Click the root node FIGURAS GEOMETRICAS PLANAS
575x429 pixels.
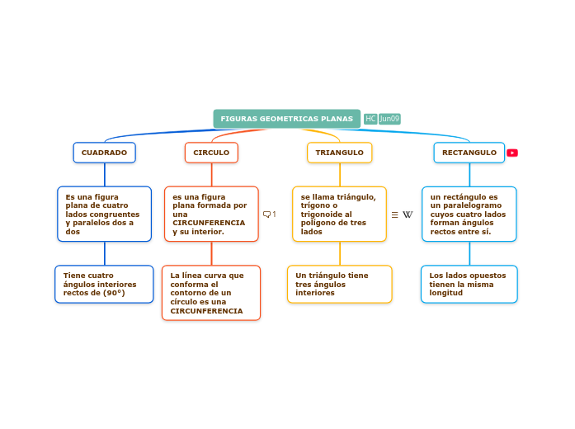(x=286, y=119)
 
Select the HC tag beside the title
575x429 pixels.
(x=370, y=119)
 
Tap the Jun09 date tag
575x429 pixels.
(x=389, y=119)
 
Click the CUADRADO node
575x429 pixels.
(x=104, y=153)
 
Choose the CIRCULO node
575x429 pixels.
(x=211, y=153)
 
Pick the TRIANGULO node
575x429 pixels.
(x=339, y=153)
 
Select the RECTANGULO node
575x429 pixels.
(x=469, y=153)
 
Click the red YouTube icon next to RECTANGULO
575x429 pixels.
(x=512, y=153)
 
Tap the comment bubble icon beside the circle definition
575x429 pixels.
(x=266, y=214)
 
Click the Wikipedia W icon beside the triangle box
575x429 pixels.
(x=408, y=214)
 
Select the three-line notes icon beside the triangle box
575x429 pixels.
(x=394, y=214)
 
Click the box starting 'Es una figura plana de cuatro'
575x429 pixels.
(x=104, y=214)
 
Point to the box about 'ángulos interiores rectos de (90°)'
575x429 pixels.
(x=104, y=284)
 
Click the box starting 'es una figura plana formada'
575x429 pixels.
(x=211, y=214)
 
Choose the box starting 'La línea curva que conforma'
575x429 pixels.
(x=211, y=292)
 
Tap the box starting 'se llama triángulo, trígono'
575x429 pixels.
(x=339, y=214)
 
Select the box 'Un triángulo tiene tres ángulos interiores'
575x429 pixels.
(x=339, y=284)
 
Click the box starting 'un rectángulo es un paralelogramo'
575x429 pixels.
(x=469, y=214)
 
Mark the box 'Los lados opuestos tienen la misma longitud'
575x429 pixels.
(x=469, y=284)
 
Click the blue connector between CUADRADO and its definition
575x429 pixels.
(x=105, y=174)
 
